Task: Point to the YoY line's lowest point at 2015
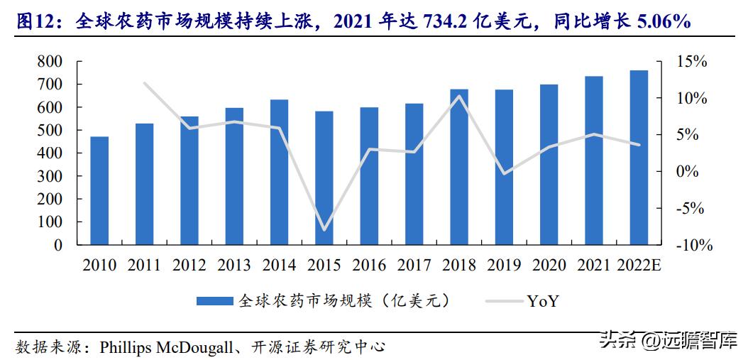[x=324, y=230]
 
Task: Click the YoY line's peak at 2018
[x=459, y=96]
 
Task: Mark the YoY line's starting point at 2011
[x=144, y=83]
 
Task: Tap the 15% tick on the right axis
[x=691, y=62]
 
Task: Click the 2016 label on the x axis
[x=369, y=266]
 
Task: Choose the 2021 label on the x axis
[x=593, y=266]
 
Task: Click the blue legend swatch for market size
[x=214, y=301]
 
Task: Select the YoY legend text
[x=543, y=301]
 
